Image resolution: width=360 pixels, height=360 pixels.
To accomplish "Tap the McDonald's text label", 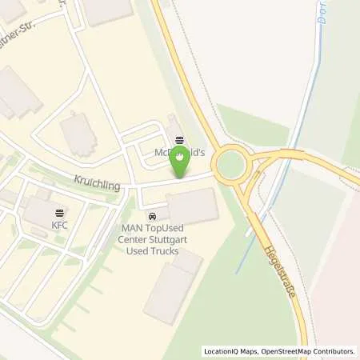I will [180, 151].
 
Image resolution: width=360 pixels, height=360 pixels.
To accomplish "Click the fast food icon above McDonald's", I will [179, 138].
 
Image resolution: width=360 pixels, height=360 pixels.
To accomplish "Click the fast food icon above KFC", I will [59, 214].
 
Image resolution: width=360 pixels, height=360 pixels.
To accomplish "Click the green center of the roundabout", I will [231, 165].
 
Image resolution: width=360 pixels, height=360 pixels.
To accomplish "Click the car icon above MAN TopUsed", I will [151, 217].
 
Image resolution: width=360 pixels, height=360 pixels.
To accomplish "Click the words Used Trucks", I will [151, 251].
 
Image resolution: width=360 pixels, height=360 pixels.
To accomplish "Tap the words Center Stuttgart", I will [151, 240].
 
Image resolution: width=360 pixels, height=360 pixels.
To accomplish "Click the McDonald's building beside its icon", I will [170, 128].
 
